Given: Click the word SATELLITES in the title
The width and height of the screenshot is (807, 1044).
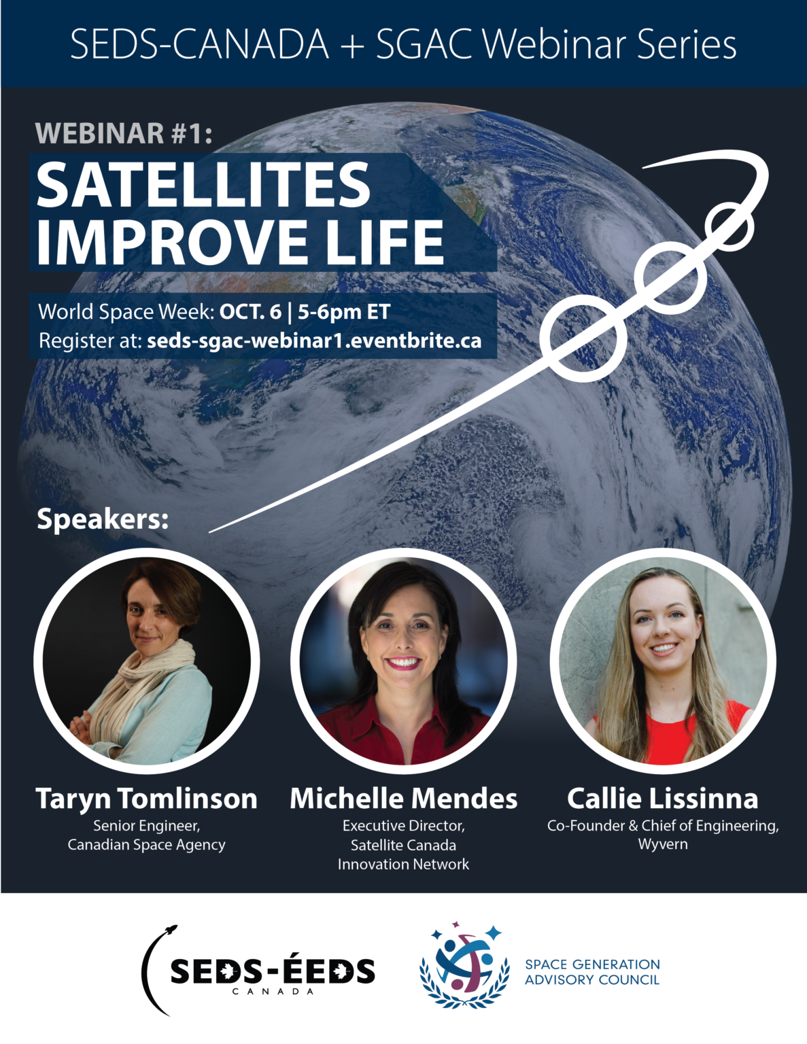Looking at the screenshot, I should (203, 185).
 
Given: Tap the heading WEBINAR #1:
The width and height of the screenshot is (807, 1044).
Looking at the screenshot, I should (124, 133).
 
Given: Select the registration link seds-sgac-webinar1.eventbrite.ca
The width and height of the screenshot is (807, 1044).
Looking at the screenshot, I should (314, 341).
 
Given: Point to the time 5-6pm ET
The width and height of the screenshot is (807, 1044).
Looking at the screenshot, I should (344, 312).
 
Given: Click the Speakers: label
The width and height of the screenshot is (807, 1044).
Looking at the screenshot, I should (103, 519).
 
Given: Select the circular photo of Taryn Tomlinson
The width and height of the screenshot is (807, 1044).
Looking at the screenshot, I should (147, 661).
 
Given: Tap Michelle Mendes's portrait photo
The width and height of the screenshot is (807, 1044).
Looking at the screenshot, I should (404, 661).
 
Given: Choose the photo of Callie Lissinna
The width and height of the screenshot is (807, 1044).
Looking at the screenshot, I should (663, 661).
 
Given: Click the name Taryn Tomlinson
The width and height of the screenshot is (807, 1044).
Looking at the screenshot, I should (147, 799).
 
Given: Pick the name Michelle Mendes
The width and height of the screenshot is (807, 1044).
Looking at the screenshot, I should (404, 799).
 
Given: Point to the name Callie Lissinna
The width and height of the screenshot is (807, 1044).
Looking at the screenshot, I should (663, 799).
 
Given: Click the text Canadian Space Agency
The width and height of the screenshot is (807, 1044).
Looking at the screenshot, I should (147, 845).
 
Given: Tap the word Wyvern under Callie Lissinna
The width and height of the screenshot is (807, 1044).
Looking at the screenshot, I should (663, 844).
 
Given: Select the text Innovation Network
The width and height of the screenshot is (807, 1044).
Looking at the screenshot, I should (404, 865).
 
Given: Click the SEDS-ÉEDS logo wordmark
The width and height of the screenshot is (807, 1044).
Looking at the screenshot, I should (272, 972).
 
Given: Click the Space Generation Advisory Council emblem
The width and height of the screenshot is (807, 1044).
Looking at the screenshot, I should (465, 965).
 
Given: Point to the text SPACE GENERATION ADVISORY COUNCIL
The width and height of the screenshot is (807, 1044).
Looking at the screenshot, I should (592, 972).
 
